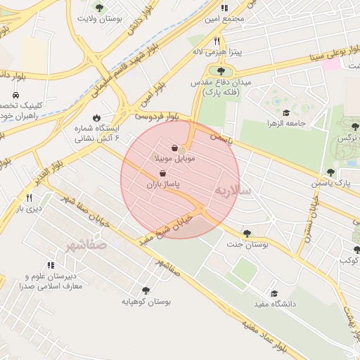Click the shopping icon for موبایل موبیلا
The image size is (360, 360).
[x=174, y=148]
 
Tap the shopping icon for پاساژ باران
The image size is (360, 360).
[x=163, y=173]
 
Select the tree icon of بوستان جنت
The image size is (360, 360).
[x=246, y=233]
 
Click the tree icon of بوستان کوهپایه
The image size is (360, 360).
[x=146, y=290]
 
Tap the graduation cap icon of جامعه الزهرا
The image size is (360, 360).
[x=286, y=112]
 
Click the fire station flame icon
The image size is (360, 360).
[x=96, y=118]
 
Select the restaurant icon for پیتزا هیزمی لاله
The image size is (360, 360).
[x=217, y=41]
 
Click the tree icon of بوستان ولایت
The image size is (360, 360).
[x=98, y=8]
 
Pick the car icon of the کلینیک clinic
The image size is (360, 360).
[x=15, y=95]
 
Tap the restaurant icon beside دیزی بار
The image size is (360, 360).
[x=29, y=198]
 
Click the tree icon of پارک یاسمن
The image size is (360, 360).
[x=330, y=172]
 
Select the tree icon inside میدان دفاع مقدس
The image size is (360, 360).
[x=221, y=71]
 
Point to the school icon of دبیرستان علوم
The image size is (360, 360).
[x=51, y=265]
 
